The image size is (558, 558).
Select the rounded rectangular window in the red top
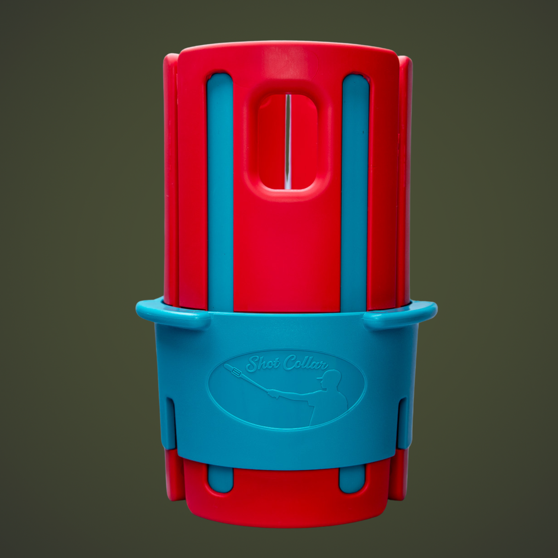287,143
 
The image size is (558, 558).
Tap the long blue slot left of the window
220,193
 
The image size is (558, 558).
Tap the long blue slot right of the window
355,193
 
